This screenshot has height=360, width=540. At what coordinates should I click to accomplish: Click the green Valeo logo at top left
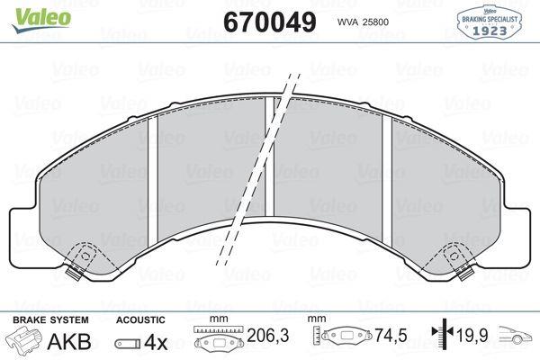point(41,20)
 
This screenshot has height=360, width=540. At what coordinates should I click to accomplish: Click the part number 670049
point(270,22)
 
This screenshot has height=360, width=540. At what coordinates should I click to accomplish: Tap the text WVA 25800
point(363,22)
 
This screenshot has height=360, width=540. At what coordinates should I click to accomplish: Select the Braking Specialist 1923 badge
point(490,22)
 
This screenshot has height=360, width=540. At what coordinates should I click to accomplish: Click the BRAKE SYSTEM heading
point(50,320)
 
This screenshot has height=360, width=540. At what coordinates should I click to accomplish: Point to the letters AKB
point(69,341)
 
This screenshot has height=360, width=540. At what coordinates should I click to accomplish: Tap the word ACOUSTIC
point(140,320)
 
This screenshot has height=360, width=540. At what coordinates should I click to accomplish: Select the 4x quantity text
point(156,342)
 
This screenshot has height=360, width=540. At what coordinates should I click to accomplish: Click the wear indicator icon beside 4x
point(128,343)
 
